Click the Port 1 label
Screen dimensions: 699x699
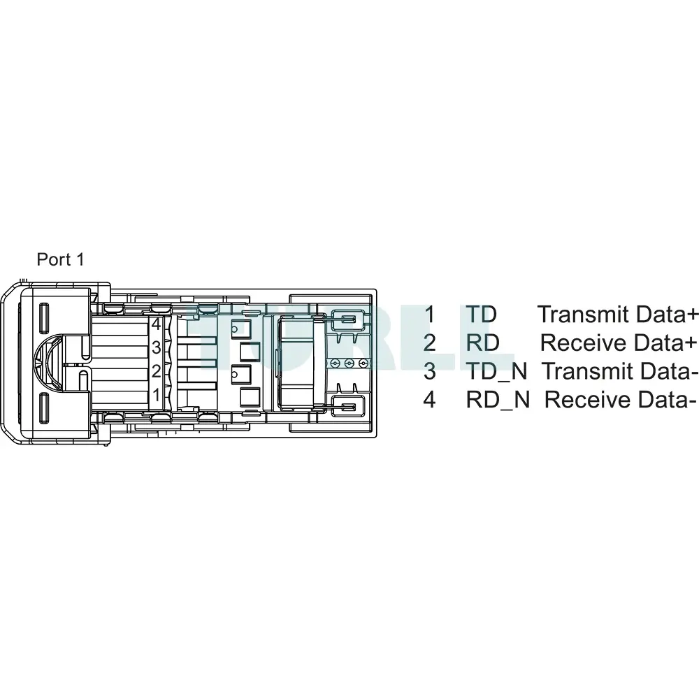click(60, 259)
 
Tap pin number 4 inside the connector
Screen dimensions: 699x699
click(156, 324)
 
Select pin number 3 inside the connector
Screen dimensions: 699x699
click(156, 347)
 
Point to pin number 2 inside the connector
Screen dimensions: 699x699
click(156, 371)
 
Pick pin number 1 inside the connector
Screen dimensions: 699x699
click(156, 394)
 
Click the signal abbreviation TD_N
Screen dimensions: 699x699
click(496, 372)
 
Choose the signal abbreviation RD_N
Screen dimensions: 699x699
click(498, 400)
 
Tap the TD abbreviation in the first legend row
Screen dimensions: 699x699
click(481, 315)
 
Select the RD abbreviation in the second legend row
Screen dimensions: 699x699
click(482, 343)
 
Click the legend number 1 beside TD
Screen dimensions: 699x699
click(429, 315)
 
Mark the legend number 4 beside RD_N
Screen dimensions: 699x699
click(429, 400)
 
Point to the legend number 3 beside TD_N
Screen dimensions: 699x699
click(429, 371)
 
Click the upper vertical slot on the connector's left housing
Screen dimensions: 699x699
click(44, 318)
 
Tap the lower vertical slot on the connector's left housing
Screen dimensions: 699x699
click(44, 408)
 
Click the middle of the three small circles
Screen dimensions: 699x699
click(349, 363)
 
